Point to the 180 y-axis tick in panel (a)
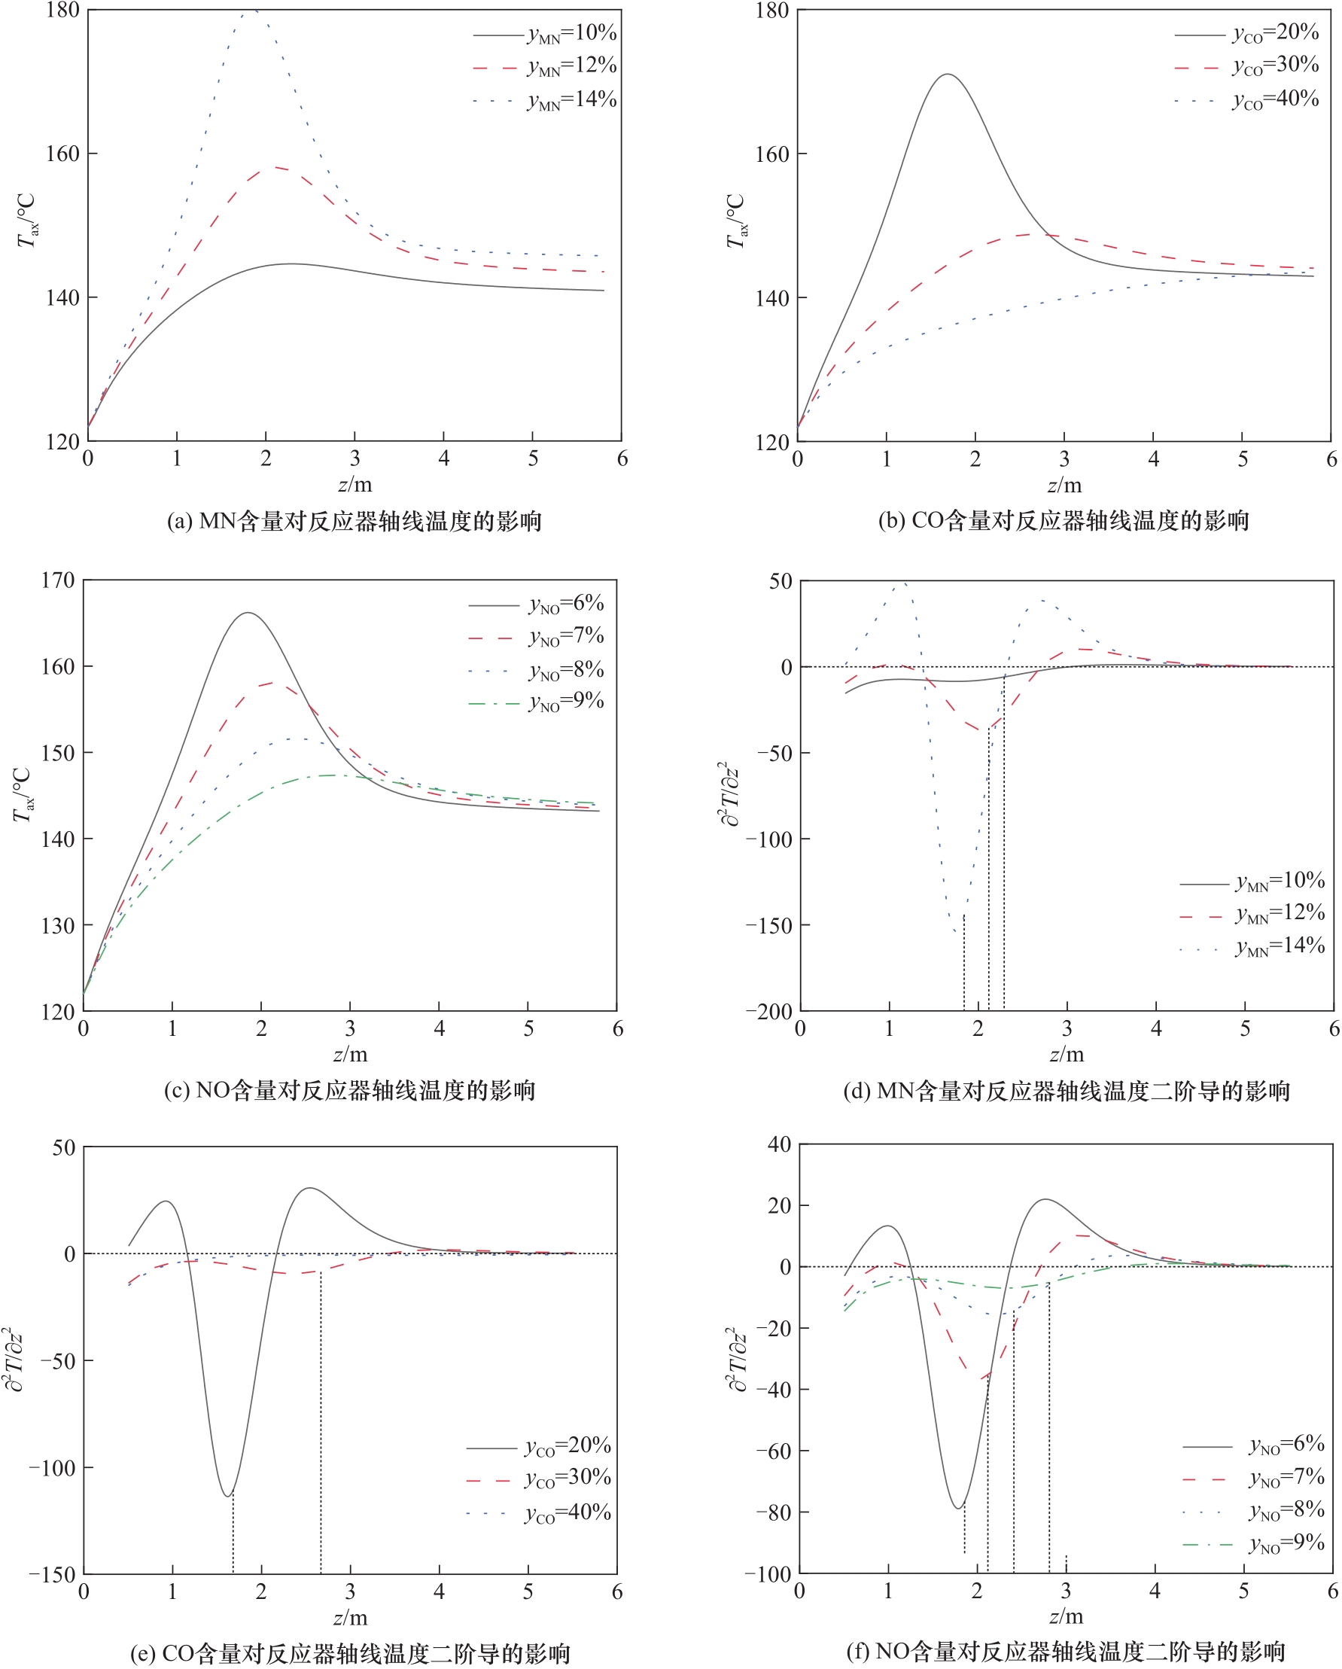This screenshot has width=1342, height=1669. point(63,10)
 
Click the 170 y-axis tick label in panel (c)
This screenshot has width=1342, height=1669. point(58,580)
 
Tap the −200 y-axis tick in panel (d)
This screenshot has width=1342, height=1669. point(769,1011)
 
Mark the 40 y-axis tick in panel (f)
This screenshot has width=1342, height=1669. point(779,1144)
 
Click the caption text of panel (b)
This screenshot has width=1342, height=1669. point(1064,521)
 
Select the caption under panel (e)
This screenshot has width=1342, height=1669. point(350,1653)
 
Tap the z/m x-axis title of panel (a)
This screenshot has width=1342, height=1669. point(355,485)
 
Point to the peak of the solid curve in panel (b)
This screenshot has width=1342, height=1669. point(948,75)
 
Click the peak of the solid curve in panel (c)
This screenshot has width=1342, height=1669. point(248,613)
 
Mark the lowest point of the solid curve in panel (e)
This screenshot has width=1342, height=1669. point(227,1496)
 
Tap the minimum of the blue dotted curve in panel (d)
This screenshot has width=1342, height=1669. point(957,930)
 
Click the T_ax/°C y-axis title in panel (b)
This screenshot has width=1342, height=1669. point(735,221)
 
